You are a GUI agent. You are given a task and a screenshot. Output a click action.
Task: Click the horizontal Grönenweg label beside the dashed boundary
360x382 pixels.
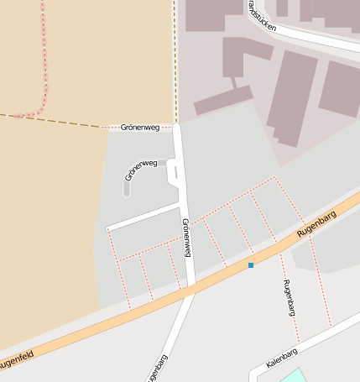[x=140, y=128]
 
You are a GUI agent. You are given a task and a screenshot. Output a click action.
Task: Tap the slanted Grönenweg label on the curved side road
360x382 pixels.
[x=141, y=170]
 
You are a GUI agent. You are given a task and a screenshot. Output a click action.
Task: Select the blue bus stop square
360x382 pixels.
[x=250, y=265]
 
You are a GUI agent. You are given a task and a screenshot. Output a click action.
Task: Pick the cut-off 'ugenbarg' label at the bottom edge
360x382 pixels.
[x=155, y=369]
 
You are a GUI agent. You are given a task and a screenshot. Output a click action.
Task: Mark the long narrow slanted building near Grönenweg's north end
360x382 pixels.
[x=222, y=100]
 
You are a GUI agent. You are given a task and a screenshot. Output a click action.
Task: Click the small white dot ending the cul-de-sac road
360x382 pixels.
[x=108, y=228]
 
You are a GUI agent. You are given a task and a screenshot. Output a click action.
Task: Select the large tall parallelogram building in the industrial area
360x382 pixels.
[x=292, y=97]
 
